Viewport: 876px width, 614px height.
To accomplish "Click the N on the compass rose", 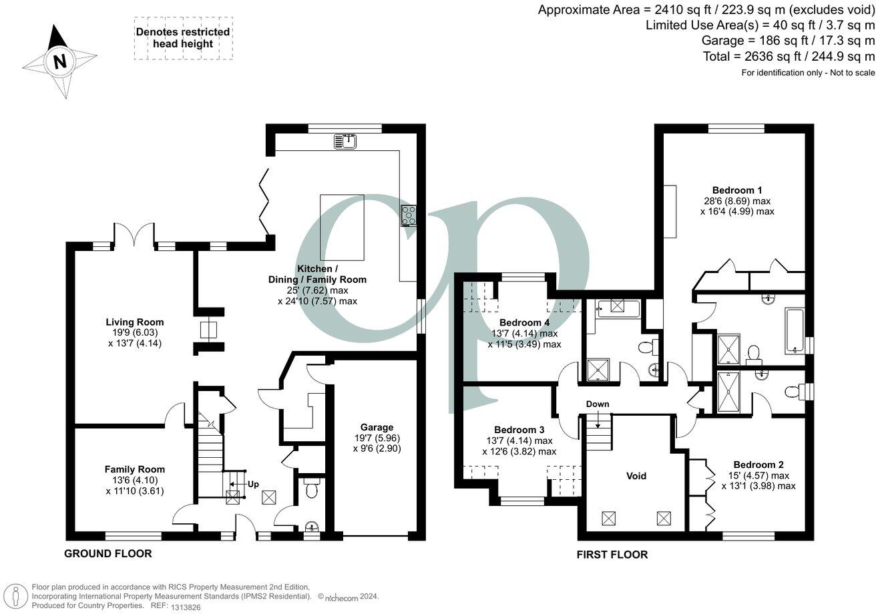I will point(60,62).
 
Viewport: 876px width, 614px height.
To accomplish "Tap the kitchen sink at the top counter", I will point(347,140).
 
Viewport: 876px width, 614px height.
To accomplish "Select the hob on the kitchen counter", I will point(408,216).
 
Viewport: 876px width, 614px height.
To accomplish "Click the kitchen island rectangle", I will point(342,227).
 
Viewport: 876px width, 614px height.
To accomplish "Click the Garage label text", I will point(377,427).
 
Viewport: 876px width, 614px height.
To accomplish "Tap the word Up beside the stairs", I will point(253,484).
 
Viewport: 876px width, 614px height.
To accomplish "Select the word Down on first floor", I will point(598,404).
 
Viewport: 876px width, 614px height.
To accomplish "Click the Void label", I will point(636,476).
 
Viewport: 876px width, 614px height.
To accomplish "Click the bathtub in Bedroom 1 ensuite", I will point(795,330).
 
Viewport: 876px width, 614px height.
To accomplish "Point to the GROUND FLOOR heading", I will point(107,553).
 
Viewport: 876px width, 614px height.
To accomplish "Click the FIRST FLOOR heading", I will point(612,554).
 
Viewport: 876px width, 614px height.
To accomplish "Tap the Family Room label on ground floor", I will point(134,469).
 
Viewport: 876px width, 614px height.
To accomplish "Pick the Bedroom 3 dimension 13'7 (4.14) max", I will point(519,440).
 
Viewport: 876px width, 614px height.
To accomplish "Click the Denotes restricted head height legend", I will point(183,38).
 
